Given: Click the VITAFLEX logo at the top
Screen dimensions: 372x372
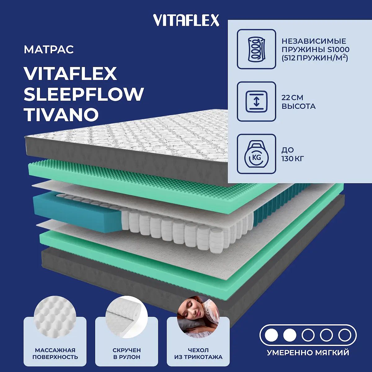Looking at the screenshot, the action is coord(186,20).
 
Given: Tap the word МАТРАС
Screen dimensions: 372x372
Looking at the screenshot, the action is coord(49,49).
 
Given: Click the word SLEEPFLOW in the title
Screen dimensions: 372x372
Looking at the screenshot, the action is coord(84,94).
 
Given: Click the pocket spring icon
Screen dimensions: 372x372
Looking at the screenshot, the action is coord(256,49).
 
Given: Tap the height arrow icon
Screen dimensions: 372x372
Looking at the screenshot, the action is coord(256,101).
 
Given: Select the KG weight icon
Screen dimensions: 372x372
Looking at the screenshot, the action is coord(256,154).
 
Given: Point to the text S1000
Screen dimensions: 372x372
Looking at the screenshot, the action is coord(339,50).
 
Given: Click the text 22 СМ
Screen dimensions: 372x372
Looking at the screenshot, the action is coord(292,98).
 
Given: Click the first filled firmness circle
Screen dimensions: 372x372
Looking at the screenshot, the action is coord(272,335).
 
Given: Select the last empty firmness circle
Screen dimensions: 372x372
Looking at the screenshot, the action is coord(345,335).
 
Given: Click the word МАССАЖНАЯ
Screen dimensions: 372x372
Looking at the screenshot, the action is coord(55,350).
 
